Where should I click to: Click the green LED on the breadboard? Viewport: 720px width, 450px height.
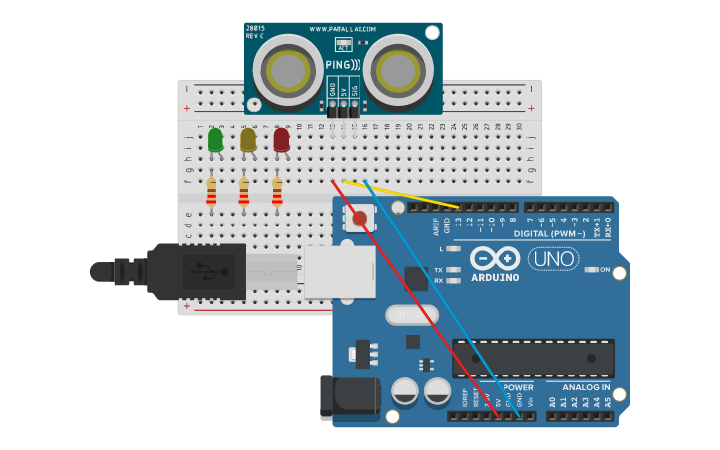[216, 140]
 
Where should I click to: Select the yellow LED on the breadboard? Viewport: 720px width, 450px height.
[248, 140]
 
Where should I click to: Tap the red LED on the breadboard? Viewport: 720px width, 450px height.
[282, 140]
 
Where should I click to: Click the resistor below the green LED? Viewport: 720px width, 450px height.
[211, 191]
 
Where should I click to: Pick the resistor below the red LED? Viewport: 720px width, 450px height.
[277, 191]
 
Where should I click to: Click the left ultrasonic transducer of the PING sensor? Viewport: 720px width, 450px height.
[289, 70]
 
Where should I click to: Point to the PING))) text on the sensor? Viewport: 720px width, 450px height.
[343, 65]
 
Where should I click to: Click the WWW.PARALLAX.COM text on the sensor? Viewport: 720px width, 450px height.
[343, 29]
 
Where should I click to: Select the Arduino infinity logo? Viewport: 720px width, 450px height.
[496, 259]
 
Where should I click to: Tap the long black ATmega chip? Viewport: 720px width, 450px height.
[532, 358]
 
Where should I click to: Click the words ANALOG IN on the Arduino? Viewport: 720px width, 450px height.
[585, 386]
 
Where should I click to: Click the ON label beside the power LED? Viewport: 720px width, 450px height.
[604, 269]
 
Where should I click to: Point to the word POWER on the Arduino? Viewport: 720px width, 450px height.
[518, 386]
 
